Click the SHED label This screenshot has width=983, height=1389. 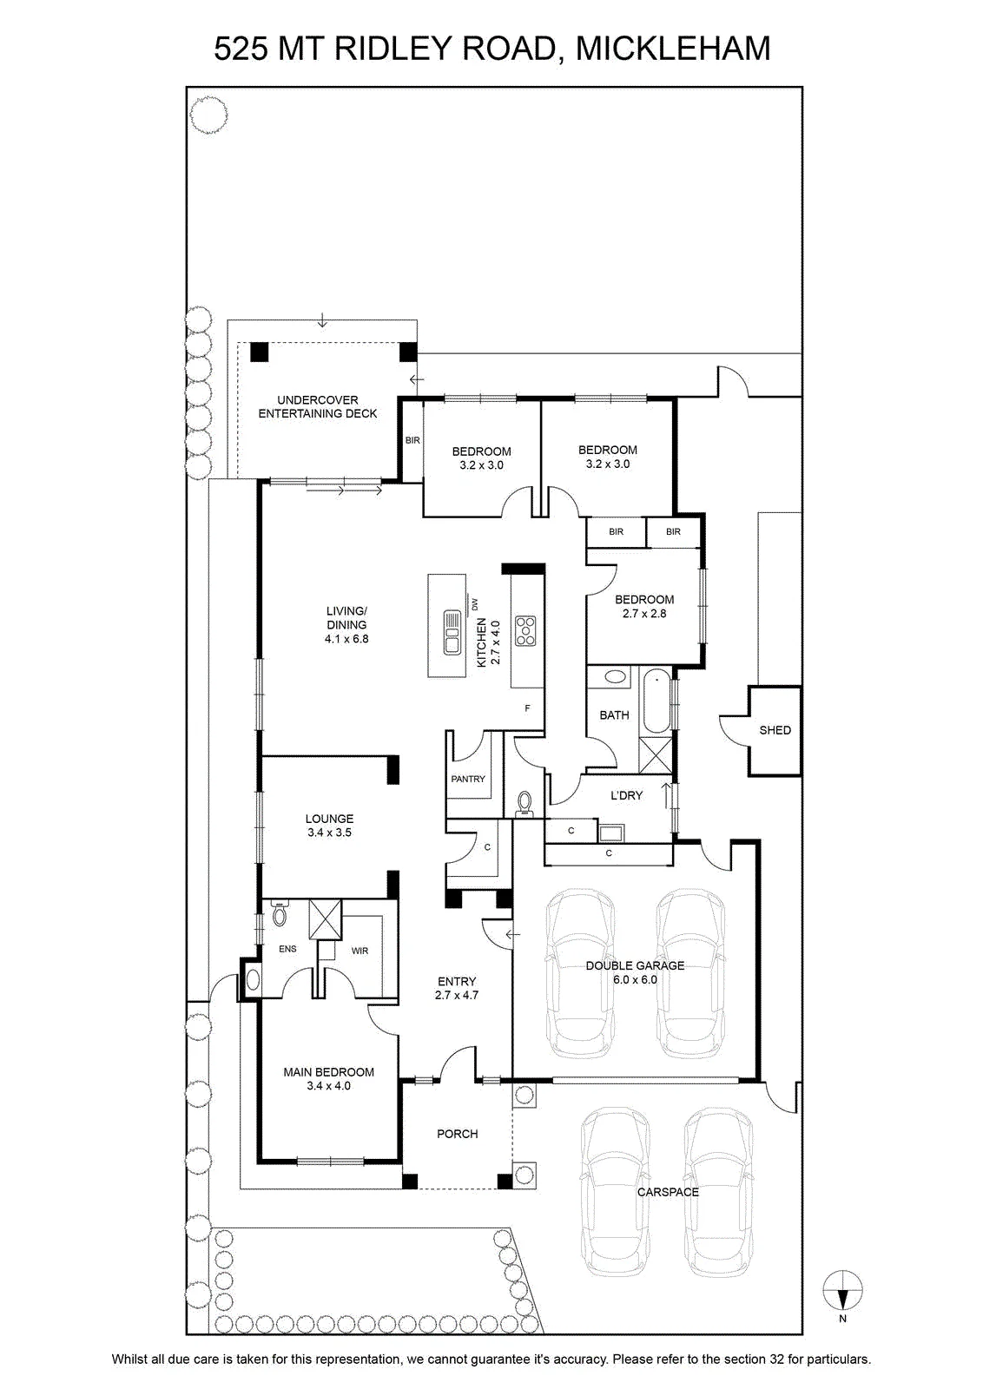point(775,730)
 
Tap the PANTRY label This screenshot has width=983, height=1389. point(468,779)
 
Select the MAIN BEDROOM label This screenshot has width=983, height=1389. point(329,1071)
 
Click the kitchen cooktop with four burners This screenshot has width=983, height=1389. point(525,632)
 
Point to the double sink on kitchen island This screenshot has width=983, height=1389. point(451,632)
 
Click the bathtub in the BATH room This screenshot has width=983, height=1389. point(656,701)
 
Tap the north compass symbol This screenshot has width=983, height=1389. point(842,1289)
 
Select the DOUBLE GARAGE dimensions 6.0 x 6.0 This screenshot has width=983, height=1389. point(635,979)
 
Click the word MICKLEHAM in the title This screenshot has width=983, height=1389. point(674,49)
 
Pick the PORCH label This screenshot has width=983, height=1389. point(457,1134)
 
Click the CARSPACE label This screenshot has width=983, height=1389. point(668,1192)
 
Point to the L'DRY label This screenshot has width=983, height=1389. point(626,795)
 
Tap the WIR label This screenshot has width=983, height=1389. point(360,951)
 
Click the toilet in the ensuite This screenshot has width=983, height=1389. point(280,913)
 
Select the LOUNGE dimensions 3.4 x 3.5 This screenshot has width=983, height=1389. point(329,833)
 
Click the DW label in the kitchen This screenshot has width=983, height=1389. point(476,603)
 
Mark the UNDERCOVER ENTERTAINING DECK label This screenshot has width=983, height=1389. point(318,407)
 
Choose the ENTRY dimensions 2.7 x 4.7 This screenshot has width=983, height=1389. point(457,995)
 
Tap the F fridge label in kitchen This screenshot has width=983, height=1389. point(527,708)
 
